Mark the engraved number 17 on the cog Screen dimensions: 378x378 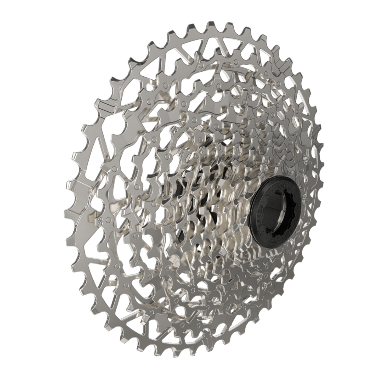point(237,150)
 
